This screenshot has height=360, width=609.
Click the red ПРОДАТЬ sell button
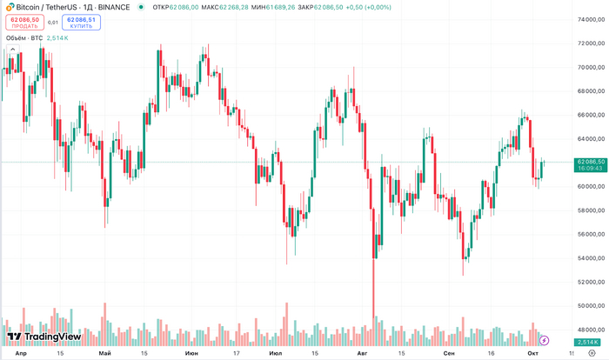coord(24,22)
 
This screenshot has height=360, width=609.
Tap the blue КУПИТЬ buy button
coord(81,22)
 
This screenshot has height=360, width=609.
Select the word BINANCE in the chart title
coord(114,7)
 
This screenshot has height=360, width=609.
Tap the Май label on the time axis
coord(105,353)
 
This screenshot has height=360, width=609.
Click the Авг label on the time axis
coord(364,353)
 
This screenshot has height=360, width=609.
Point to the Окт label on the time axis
coord(533,353)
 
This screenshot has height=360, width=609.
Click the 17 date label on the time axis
coord(235,353)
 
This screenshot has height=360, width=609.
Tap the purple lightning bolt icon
coord(545,340)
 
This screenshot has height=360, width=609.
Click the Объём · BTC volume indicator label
coord(24,38)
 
